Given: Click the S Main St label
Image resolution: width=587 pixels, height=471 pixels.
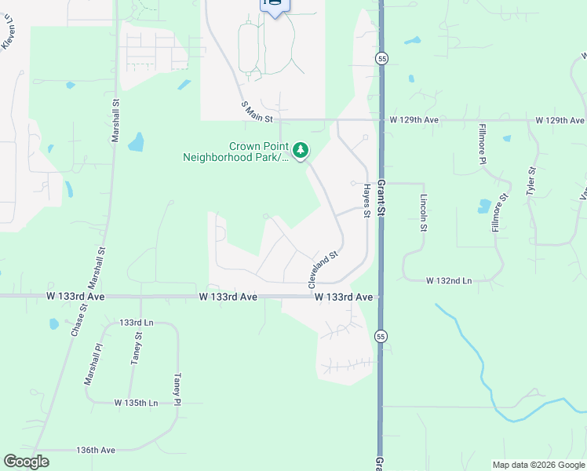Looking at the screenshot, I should click(257, 112).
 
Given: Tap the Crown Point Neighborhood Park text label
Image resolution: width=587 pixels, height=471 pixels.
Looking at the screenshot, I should click(235, 152).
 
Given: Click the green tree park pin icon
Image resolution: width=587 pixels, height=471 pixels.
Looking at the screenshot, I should click(300, 150).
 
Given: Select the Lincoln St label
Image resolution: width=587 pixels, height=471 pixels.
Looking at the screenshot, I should click(423, 213).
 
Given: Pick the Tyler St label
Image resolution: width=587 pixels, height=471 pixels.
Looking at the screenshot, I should click(531, 180).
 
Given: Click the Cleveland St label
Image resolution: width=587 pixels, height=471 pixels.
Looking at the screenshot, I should click(322, 268).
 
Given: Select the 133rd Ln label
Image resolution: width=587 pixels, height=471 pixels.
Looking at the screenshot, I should click(137, 323).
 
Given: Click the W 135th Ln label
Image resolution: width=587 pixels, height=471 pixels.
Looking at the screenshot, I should click(136, 403).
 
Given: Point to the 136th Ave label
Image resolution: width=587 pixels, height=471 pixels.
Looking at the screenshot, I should click(96, 450).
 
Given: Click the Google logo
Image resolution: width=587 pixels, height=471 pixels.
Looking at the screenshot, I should click(27, 462).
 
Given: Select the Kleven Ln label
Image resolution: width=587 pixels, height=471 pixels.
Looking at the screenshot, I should click(8, 36).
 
